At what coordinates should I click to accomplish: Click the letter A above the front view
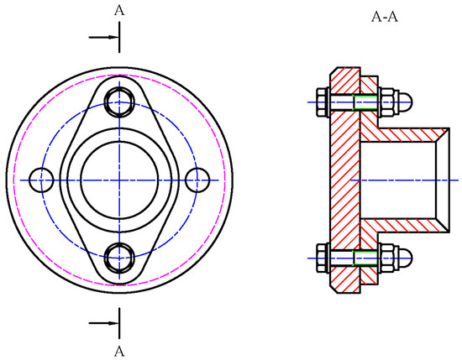pyautogui.click(x=119, y=11)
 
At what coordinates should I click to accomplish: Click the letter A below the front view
pyautogui.click(x=119, y=352)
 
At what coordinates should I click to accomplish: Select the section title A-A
pyautogui.click(x=385, y=17)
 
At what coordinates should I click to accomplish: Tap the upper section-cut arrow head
pyautogui.click(x=114, y=37)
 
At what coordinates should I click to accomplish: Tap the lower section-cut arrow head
pyautogui.click(x=114, y=323)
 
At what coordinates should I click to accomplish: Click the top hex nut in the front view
pyautogui.click(x=119, y=102)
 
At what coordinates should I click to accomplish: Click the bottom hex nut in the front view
pyautogui.click(x=119, y=258)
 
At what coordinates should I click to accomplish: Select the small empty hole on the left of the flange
pyautogui.click(x=41, y=180)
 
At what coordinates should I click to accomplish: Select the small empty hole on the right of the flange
pyautogui.click(x=197, y=180)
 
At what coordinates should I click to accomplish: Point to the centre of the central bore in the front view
pyautogui.click(x=119, y=180)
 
